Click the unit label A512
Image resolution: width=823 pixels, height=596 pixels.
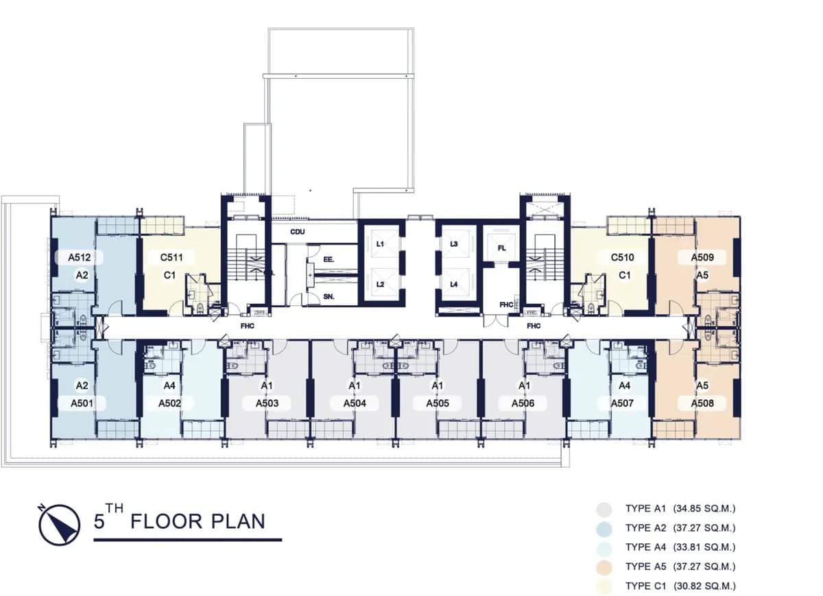pyautogui.click(x=80, y=257)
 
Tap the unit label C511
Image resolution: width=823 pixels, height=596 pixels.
pyautogui.click(x=171, y=257)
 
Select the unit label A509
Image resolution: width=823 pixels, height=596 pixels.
pyautogui.click(x=702, y=257)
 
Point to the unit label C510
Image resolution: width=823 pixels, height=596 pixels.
pyautogui.click(x=623, y=257)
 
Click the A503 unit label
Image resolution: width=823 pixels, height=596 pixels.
pyautogui.click(x=267, y=403)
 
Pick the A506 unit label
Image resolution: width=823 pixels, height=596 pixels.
pyautogui.click(x=523, y=403)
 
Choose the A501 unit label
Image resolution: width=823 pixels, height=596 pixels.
pyautogui.click(x=82, y=403)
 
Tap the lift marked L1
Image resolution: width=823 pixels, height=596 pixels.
pyautogui.click(x=380, y=244)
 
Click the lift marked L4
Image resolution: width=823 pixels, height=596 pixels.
pyautogui.click(x=454, y=284)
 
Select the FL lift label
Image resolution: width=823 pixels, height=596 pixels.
pyautogui.click(x=501, y=248)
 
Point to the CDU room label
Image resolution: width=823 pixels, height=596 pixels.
pyautogui.click(x=297, y=232)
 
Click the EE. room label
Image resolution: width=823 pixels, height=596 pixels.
pyautogui.click(x=329, y=259)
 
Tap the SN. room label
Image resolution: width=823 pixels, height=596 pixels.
pyautogui.click(x=329, y=296)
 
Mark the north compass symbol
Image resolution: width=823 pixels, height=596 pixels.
pyautogui.click(x=59, y=525)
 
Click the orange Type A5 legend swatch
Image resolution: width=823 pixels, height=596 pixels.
pyautogui.click(x=604, y=567)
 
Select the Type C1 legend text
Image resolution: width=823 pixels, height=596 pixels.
pyautogui.click(x=680, y=586)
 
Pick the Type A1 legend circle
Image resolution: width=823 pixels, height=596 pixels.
pyautogui.click(x=604, y=510)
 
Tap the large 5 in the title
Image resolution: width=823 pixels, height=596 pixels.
pyautogui.click(x=99, y=521)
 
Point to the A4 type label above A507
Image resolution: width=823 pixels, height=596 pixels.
pyautogui.click(x=624, y=385)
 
